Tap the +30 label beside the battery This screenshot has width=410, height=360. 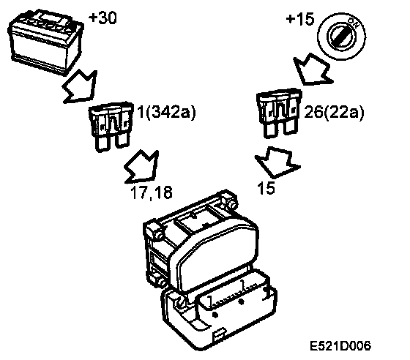pos(102,18)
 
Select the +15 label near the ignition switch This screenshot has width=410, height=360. pos(300,19)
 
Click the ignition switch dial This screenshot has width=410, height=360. pos(341,37)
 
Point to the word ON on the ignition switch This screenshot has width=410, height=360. pos(354,23)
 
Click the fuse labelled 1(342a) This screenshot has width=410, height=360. pos(111,126)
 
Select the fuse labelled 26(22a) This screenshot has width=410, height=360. pos(279,113)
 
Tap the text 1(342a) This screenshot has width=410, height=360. pos(167,113)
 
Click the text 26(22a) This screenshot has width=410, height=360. pos(334,113)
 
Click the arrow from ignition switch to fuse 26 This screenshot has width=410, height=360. pos(312,70)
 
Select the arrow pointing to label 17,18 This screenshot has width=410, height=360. pos(142,168)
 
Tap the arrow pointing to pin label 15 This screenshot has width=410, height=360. pos(277,162)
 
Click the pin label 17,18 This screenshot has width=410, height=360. pos(152,192)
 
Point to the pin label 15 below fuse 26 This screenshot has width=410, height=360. pos(266,188)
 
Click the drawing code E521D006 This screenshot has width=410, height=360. pos(340,346)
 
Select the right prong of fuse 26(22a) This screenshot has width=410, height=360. pos(290,127)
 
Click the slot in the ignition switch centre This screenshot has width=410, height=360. pos(341,37)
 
